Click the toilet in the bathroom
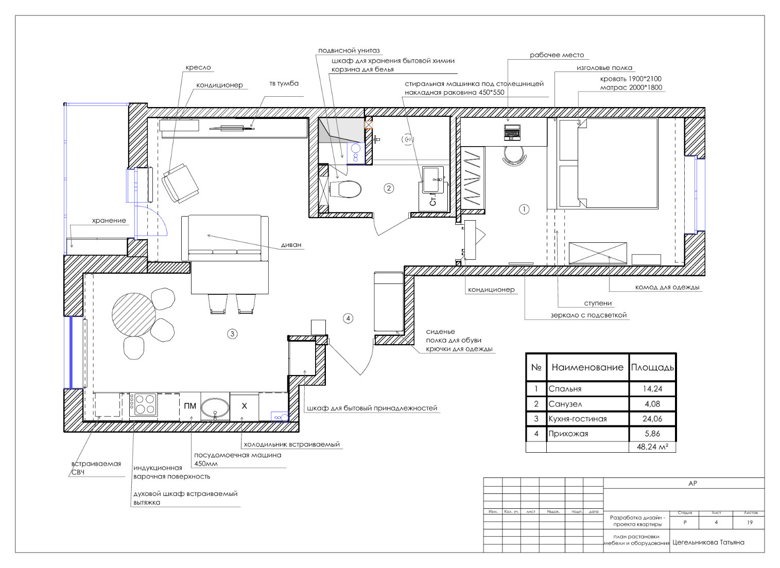pyautogui.click(x=345, y=189)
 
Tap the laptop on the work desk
pyautogui.click(x=512, y=132)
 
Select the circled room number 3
pyautogui.click(x=232, y=334)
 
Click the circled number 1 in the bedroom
pyautogui.click(x=524, y=209)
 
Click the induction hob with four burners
pyautogui.click(x=143, y=404)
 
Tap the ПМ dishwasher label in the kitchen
pyautogui.click(x=190, y=406)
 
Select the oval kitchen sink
pyautogui.click(x=215, y=407)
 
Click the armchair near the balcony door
pyautogui.click(x=180, y=183)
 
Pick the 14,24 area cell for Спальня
pyautogui.click(x=652, y=389)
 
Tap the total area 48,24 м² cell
pyautogui.click(x=652, y=447)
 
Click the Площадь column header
pyautogui.click(x=652, y=367)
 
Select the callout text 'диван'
pyautogui.click(x=291, y=245)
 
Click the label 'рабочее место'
pyautogui.click(x=557, y=55)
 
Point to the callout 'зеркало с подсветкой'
pyautogui.click(x=588, y=315)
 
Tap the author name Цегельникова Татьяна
pyautogui.click(x=708, y=542)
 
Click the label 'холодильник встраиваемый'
pyautogui.click(x=292, y=445)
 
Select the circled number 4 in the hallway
pyautogui.click(x=348, y=318)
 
